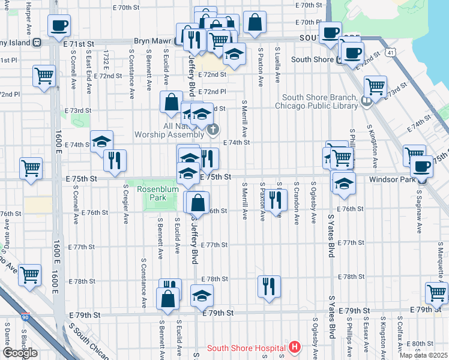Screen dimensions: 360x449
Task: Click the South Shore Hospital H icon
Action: [x=294, y=347]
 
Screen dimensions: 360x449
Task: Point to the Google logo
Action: [x=20, y=353]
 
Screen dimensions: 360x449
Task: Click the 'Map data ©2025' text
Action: [x=423, y=355]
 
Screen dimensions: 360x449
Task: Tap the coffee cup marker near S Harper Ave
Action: [x=59, y=26]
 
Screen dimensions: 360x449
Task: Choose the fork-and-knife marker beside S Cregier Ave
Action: [x=115, y=160]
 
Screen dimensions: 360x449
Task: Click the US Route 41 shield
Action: [x=391, y=53]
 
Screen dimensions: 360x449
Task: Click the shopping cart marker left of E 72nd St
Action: [x=44, y=76]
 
